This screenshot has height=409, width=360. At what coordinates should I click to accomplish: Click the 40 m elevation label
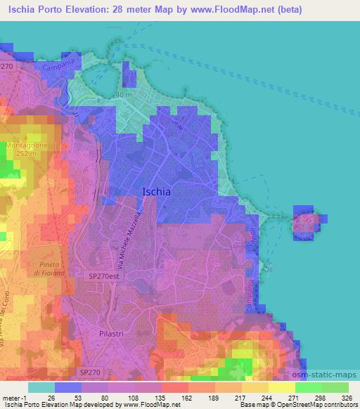pos(124,94)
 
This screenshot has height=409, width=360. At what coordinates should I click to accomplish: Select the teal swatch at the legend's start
pos(41,387)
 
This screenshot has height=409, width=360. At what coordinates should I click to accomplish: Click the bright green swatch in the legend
pos(308,387)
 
